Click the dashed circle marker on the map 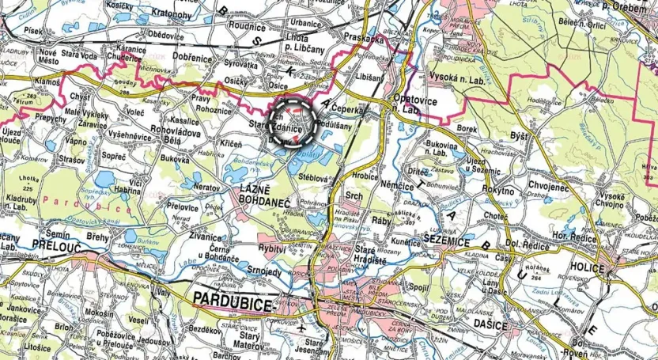291,123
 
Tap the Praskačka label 363,37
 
